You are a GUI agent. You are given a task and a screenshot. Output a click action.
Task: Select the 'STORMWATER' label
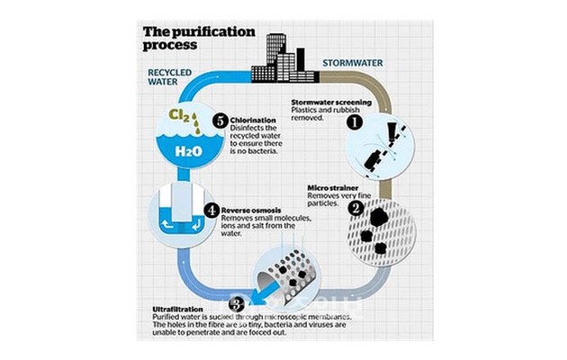354,64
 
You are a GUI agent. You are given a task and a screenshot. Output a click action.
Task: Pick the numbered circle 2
355,208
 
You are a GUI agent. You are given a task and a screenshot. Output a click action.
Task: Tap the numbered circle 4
211,210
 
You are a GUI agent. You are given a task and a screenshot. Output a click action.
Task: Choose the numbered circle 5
220,120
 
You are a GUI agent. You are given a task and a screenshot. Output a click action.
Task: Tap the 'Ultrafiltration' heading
176,311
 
